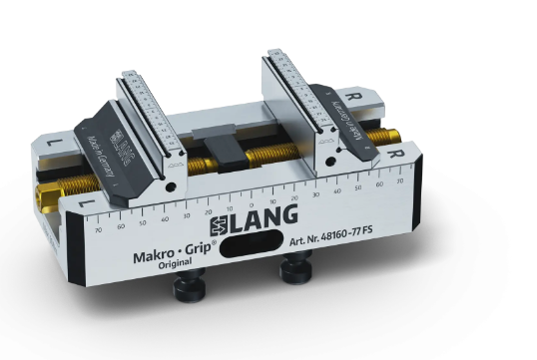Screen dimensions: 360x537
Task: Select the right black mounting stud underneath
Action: [291, 269]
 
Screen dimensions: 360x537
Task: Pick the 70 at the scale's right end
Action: [400, 180]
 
